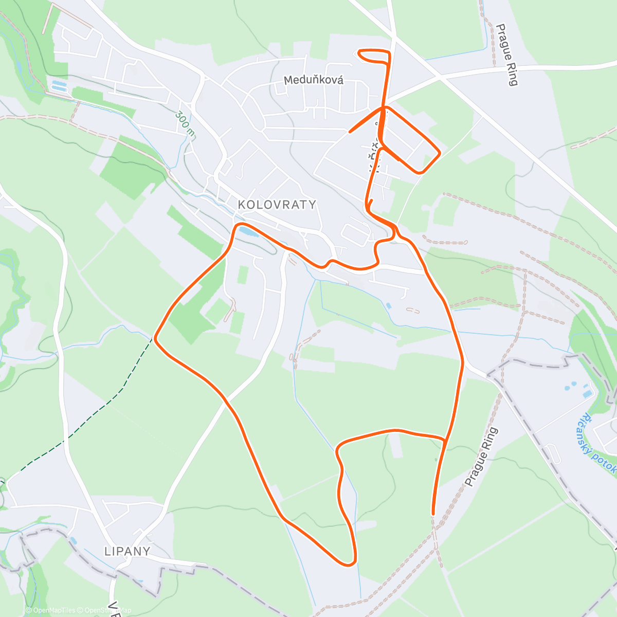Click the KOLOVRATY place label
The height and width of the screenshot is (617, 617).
(x=277, y=205)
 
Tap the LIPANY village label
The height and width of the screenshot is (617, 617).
(x=128, y=551)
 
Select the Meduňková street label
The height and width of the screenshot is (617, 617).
(x=314, y=81)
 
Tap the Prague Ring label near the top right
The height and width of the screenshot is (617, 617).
(x=506, y=55)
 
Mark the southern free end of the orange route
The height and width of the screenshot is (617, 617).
(x=433, y=513)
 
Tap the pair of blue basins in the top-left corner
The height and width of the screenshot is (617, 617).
(x=60, y=85)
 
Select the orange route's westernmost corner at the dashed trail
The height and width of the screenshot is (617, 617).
(x=155, y=338)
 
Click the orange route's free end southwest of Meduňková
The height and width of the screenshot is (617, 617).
(x=350, y=132)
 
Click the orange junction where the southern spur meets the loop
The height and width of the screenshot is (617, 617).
(x=445, y=439)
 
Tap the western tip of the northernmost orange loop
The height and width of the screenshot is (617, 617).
(x=359, y=52)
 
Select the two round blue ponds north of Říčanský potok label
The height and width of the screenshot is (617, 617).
(x=571, y=385)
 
